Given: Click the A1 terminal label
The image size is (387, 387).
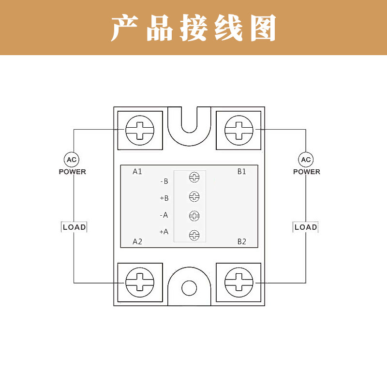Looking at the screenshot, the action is pyautogui.click(x=137, y=172).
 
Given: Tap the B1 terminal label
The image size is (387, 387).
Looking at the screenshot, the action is pyautogui.click(x=241, y=171).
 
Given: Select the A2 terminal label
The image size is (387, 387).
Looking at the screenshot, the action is pyautogui.click(x=137, y=241).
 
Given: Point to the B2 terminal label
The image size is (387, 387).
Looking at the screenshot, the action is pyautogui.click(x=241, y=241).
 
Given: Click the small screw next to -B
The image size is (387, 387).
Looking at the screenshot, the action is pyautogui.click(x=194, y=178).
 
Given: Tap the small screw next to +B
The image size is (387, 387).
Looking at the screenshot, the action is pyautogui.click(x=194, y=196).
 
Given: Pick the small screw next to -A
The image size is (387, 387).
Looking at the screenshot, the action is pyautogui.click(x=194, y=216).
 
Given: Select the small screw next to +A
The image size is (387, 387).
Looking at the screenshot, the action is pyautogui.click(x=194, y=235).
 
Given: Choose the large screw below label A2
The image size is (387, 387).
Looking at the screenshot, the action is pyautogui.click(x=139, y=282).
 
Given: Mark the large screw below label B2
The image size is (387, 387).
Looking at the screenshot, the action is pyautogui.click(x=239, y=282).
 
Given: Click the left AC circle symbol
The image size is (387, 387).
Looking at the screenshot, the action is pyautogui.click(x=72, y=160).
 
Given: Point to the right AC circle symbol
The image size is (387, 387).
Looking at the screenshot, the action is pyautogui.click(x=306, y=160).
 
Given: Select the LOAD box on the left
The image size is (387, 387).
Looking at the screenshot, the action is pyautogui.click(x=74, y=227).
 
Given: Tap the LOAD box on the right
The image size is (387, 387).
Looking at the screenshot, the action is pyautogui.click(x=306, y=227).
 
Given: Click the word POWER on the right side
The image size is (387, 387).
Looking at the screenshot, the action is pyautogui.click(x=306, y=172).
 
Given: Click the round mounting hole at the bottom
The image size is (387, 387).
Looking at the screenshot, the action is pyautogui.click(x=189, y=289).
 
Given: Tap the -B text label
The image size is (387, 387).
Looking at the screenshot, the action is pyautogui.click(x=164, y=181).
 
